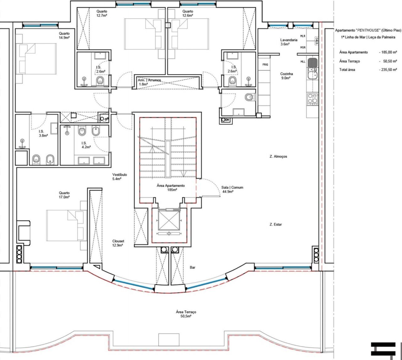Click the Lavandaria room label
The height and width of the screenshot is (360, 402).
(x=289, y=40)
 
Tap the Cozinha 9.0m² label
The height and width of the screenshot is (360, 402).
(x=286, y=76)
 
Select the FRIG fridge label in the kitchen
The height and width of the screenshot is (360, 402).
(x=265, y=64)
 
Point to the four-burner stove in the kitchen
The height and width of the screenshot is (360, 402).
(x=312, y=99)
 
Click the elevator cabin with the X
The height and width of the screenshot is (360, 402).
(x=169, y=220)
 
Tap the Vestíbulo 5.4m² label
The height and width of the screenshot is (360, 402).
(x=119, y=177)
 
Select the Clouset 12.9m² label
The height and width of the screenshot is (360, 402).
(x=118, y=243)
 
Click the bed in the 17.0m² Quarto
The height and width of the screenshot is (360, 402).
(x=67, y=225)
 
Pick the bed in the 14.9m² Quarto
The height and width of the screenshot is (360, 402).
(x=38, y=59)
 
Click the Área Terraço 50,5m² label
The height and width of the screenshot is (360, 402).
(x=186, y=314)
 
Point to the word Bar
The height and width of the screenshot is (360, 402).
(x=193, y=268)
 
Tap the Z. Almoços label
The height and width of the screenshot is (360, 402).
(x=278, y=156)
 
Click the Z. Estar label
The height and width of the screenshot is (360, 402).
(x=276, y=224)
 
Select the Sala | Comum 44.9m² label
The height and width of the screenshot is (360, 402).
(x=232, y=189)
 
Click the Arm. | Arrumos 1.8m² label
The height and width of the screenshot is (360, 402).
(x=149, y=82)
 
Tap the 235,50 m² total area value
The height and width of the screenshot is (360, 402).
(x=388, y=70)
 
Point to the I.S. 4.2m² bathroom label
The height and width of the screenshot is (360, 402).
(x=86, y=145)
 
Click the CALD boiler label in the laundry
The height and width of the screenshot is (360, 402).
(x=317, y=41)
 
